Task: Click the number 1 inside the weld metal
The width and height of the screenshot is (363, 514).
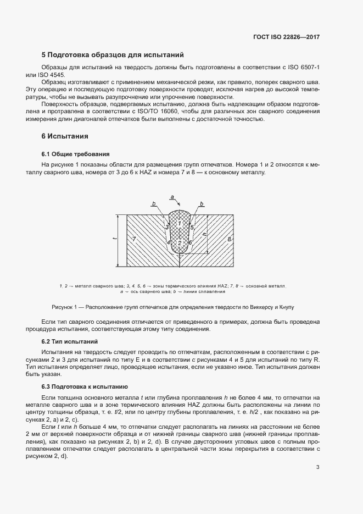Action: coord(180,223)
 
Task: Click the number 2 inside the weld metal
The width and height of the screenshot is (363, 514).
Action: coord(180,243)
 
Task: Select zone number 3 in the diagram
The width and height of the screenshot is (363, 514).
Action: coord(167,227)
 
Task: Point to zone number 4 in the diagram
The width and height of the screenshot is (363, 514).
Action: coord(169,243)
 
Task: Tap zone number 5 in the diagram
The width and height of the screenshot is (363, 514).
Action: coord(192,227)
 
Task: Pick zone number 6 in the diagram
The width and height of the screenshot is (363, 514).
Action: coord(190,242)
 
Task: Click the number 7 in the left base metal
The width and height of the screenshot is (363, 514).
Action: coord(134,240)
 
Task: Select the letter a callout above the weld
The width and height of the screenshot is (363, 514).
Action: coord(172,196)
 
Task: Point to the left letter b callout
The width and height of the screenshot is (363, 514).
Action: coord(154,204)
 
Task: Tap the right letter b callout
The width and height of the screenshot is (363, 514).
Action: coord(202,204)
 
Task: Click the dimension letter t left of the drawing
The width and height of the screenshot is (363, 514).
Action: coord(114,240)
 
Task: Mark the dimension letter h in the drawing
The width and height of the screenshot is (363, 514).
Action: coord(204,234)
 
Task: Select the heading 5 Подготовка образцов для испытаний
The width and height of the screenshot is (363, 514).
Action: coord(113,55)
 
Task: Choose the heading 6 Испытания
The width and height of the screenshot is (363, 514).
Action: coord(65,136)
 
